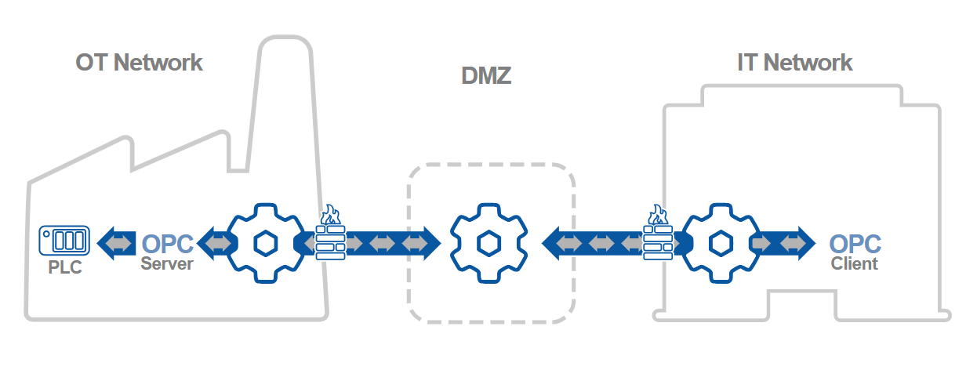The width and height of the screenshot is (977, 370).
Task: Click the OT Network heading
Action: (139, 63)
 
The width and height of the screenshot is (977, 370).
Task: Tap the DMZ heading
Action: (486, 77)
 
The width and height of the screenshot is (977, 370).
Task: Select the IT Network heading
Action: (794, 63)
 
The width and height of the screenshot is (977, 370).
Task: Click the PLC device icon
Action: (64, 239)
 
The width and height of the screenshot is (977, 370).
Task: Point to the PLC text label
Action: (64, 268)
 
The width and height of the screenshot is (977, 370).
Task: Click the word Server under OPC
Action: (167, 264)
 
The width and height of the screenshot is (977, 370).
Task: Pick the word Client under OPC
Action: (855, 264)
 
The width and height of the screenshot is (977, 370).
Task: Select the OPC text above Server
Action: (167, 244)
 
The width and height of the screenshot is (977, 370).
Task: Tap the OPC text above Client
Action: (855, 244)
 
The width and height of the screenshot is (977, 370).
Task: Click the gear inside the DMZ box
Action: (489, 243)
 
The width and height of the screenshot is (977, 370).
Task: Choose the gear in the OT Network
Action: (260, 243)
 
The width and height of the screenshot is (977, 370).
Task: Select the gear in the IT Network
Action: (717, 243)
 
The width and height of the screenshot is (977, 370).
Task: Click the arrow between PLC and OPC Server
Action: (116, 243)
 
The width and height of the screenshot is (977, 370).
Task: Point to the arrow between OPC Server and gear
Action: (212, 243)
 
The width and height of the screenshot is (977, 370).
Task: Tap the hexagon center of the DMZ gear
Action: (489, 243)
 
